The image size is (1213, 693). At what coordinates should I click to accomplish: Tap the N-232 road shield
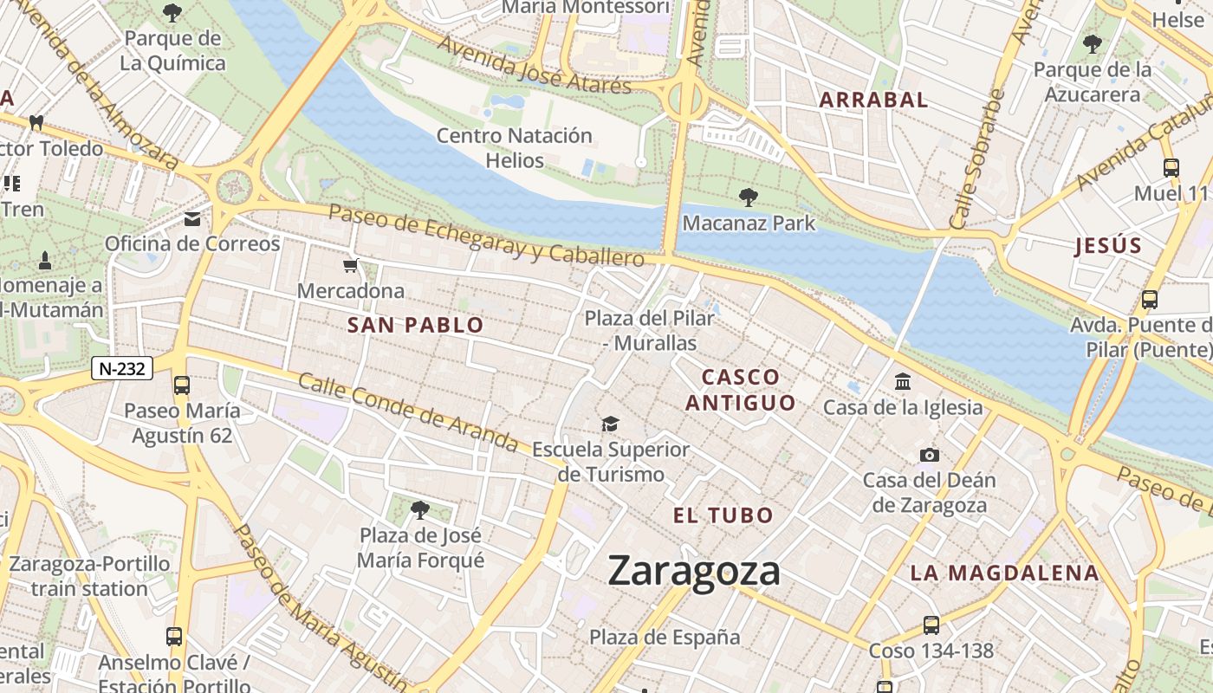[x=122, y=368]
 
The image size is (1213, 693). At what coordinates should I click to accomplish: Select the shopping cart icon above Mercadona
[x=351, y=266]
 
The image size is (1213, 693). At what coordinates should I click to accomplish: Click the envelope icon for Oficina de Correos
[x=192, y=219]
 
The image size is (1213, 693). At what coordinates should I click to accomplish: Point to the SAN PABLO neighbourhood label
[x=415, y=326]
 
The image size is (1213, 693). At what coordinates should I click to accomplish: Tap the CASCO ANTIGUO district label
[x=740, y=390]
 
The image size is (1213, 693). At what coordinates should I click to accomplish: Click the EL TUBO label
[x=723, y=515]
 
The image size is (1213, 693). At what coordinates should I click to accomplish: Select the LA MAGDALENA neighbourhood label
[x=1004, y=573]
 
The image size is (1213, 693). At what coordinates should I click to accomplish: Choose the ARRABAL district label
[x=873, y=100]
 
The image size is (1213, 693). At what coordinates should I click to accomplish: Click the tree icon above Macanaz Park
[x=749, y=198]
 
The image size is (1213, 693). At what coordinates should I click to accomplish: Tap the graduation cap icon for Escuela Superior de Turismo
[x=611, y=424]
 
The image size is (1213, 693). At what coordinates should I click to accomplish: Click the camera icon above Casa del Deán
[x=929, y=455]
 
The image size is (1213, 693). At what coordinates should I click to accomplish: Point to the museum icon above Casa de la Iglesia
[x=903, y=381]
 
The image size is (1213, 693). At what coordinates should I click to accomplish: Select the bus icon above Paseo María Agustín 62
[x=182, y=385]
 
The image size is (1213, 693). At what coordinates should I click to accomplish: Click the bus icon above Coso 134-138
[x=931, y=625]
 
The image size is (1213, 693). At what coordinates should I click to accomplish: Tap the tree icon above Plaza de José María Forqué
[x=420, y=509]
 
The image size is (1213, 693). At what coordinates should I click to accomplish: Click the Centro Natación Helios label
[x=515, y=148]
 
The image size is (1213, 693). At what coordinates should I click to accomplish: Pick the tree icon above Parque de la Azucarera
[x=1093, y=43]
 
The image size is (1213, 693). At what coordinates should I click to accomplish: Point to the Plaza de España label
[x=665, y=638]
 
